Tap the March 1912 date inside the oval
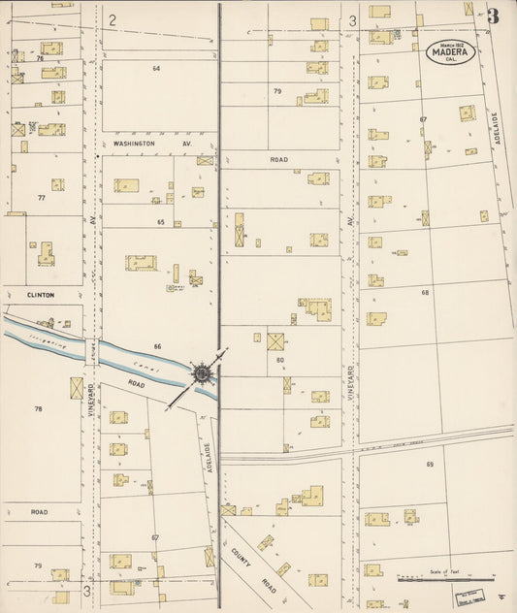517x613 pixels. click(450, 45)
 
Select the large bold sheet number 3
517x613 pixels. click(494, 16)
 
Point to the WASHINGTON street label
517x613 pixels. click(134, 143)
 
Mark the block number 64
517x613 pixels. click(155, 69)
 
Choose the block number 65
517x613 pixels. click(160, 222)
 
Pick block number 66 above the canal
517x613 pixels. click(157, 346)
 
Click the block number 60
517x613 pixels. click(279, 360)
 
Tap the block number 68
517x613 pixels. click(425, 292)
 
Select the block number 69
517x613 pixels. click(429, 465)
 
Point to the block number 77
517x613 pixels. click(41, 197)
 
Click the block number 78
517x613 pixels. click(39, 408)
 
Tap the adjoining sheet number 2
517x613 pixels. click(113, 19)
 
